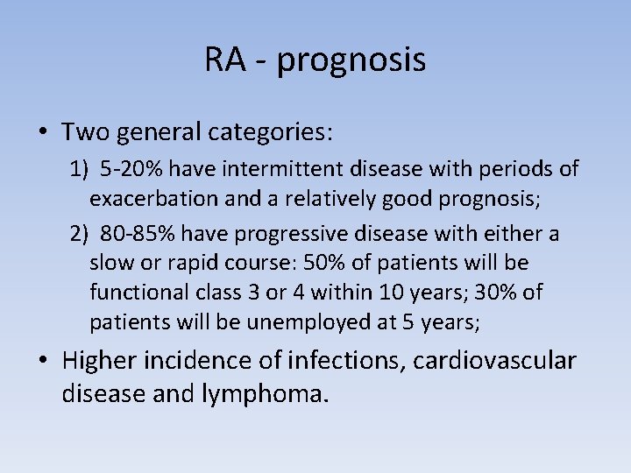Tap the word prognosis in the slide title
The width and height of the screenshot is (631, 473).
(351, 62)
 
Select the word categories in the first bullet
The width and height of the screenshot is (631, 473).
(271, 133)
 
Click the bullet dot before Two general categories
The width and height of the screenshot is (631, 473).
(43, 133)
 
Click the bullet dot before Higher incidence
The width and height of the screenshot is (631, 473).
(43, 361)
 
